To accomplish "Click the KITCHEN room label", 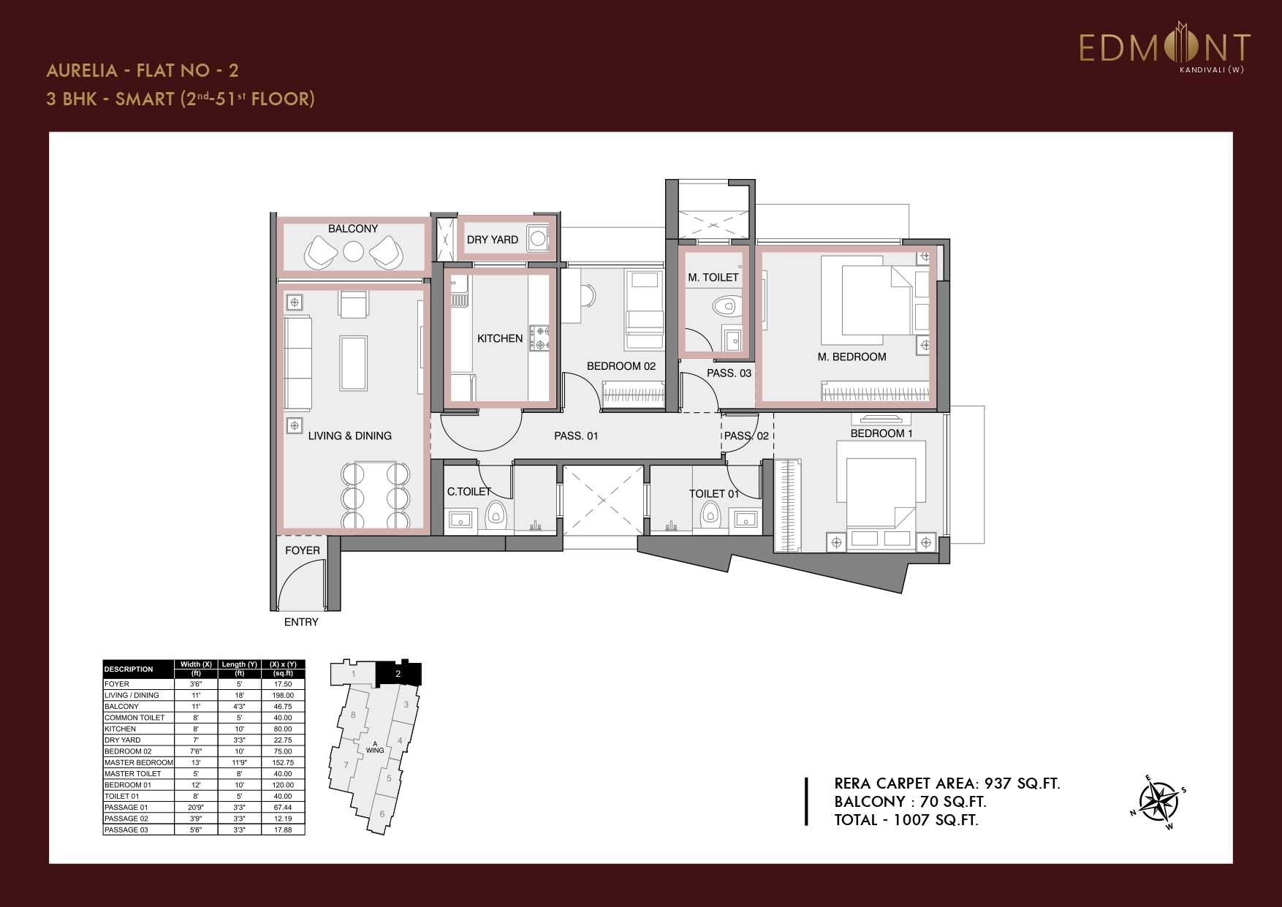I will [x=500, y=338].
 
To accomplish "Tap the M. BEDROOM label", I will [x=851, y=357].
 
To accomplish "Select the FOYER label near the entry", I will [x=303, y=550].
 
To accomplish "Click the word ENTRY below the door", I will [x=301, y=622].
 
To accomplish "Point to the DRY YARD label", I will [x=492, y=240].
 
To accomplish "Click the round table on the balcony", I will [x=353, y=251].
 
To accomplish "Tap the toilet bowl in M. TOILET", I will [x=724, y=305].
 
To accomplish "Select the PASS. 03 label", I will [x=729, y=373].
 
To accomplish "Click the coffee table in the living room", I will [x=354, y=363].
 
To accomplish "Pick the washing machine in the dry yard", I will [x=538, y=238].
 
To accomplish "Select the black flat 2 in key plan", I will [x=398, y=673].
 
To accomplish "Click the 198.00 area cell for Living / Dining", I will [x=283, y=695].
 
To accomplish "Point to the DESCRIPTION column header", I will [x=129, y=669].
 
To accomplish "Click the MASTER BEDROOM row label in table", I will [x=139, y=762].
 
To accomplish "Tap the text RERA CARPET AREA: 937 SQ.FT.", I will [x=947, y=783].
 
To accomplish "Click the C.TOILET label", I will [x=469, y=492].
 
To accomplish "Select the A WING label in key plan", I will [x=375, y=747].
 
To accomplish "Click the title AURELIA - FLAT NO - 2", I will [x=143, y=70].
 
